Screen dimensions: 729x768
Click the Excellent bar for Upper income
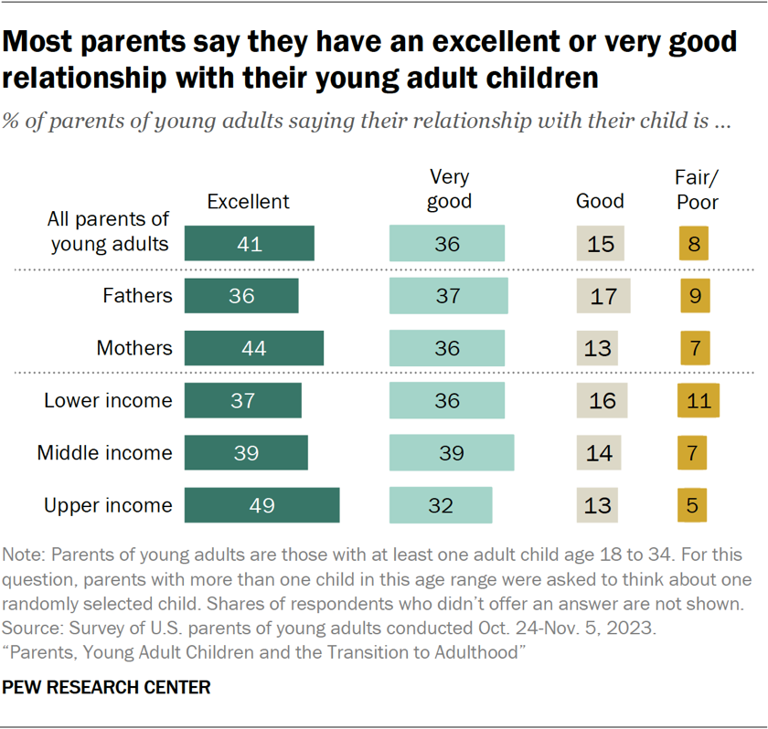tap(261, 505)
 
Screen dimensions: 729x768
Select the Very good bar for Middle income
tap(451, 453)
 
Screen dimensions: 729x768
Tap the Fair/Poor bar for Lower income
tap(699, 400)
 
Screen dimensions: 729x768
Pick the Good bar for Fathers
tap(603, 296)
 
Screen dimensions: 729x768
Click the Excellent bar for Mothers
tap(253, 348)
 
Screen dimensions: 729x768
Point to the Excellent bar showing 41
tap(249, 244)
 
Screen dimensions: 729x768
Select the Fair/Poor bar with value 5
tap(693, 505)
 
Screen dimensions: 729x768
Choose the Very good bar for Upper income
tap(441, 505)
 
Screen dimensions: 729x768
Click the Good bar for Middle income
tap(599, 453)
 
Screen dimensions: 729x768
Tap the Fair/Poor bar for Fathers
tap(693, 296)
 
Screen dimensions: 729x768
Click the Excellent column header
tap(248, 202)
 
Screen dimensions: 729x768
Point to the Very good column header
tap(449, 190)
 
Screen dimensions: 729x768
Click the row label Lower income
tap(108, 400)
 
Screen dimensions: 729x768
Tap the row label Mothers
tap(134, 348)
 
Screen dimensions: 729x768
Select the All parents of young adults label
tap(110, 231)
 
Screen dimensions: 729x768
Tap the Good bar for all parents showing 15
tap(600, 244)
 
